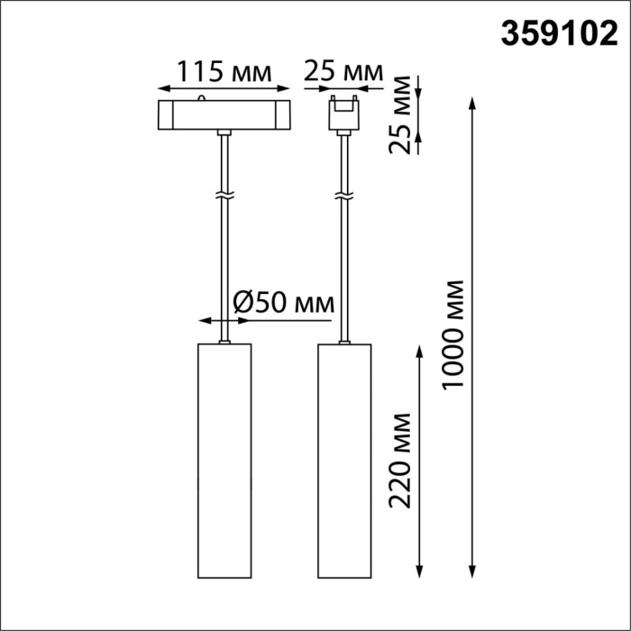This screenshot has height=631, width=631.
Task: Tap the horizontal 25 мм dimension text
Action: tap(343, 71)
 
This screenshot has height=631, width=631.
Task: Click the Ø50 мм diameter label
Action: tap(282, 302)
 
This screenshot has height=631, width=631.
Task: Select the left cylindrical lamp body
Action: tap(224, 461)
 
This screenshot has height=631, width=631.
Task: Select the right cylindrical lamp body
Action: tap(344, 461)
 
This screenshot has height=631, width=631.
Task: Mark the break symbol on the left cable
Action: tap(224, 195)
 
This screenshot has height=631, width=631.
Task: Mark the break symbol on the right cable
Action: tap(343, 195)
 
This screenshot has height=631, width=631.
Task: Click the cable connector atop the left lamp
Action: tap(224, 342)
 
